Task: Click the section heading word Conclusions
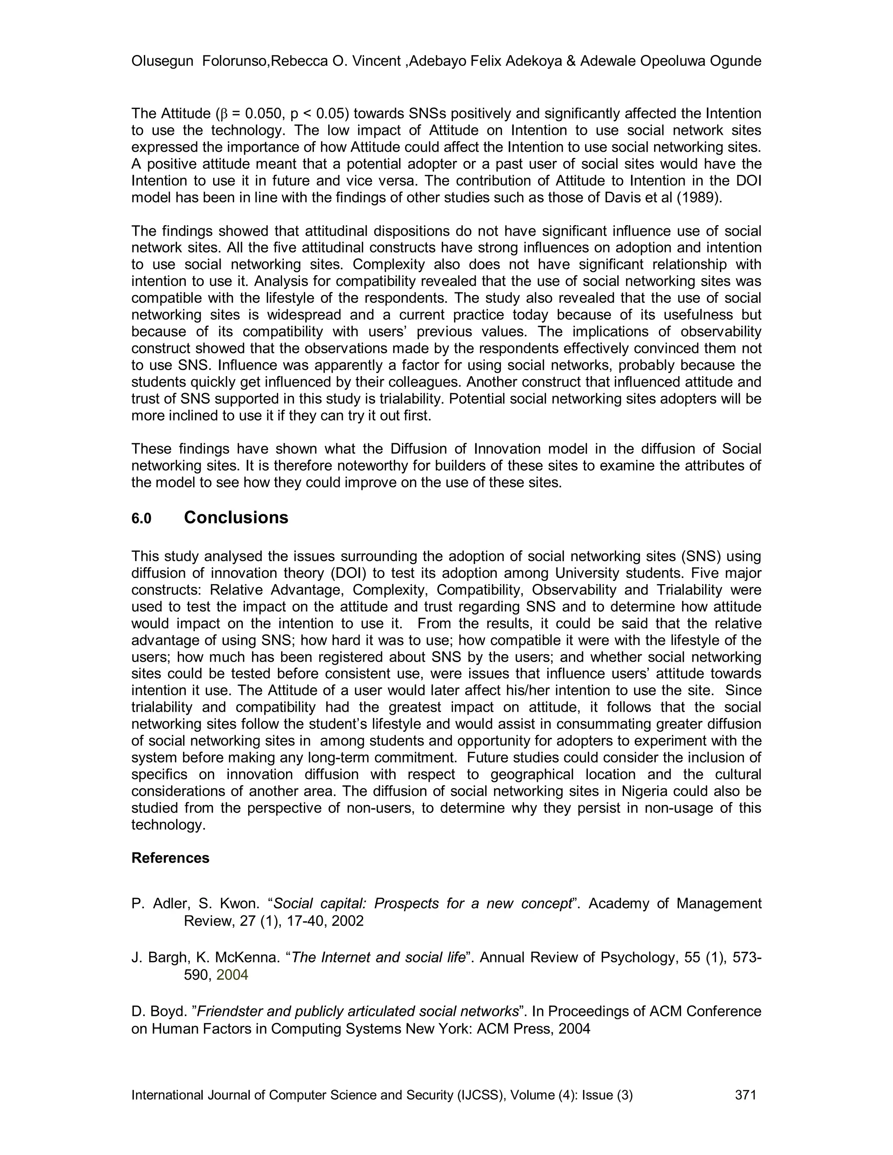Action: pos(236,517)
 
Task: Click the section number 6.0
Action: pos(141,519)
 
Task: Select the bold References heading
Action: pos(170,858)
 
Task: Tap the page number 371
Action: pos(746,1095)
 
